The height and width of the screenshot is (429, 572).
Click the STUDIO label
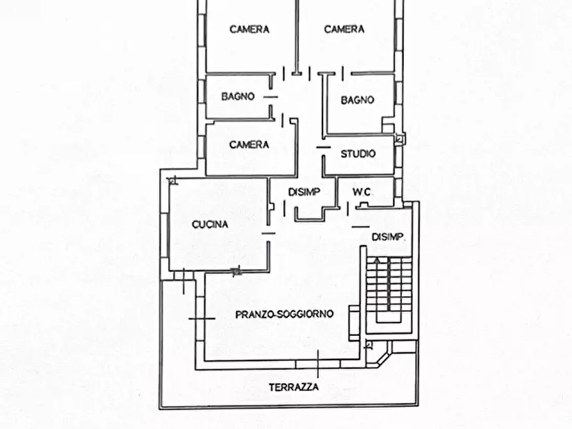[x=358, y=154]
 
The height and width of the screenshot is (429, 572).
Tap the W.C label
[x=361, y=192]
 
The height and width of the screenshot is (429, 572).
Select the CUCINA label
[x=210, y=224]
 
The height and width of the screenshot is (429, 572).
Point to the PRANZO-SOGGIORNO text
[x=284, y=314]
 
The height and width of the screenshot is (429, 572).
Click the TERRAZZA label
[x=293, y=387]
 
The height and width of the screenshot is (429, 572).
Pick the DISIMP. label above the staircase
[x=388, y=237]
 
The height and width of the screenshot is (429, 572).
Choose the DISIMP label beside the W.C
[x=304, y=192]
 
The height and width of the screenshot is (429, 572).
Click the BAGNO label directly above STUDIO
[x=357, y=100]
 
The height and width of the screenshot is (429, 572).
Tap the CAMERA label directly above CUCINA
[x=249, y=145]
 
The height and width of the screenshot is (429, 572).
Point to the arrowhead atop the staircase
[x=378, y=260]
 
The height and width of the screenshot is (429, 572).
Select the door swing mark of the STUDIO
[x=323, y=147]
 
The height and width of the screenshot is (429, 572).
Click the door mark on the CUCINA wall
[x=268, y=234]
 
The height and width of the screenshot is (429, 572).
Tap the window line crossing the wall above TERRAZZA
[x=318, y=364]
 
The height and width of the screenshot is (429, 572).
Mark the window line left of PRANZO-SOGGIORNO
[x=202, y=319]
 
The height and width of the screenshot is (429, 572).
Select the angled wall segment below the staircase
[x=382, y=358]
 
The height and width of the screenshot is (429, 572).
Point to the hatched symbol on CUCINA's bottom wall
[x=236, y=271]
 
